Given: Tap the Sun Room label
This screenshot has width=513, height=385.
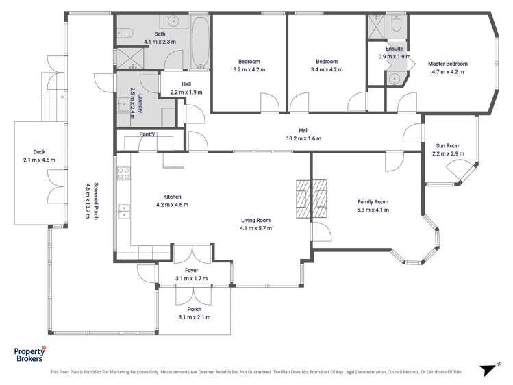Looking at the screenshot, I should pos(449,145).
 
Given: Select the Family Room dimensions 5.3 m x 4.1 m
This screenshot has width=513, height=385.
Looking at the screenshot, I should pos(373,210).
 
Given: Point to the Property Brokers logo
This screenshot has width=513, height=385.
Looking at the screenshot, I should pos(29,355).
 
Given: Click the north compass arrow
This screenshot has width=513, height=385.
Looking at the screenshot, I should pos(488,369).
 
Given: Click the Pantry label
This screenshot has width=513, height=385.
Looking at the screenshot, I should pos(147,134).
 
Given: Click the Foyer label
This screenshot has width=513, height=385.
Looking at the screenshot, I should pos(191,271).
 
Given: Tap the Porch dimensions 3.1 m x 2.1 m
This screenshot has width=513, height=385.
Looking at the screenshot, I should pos(195,317).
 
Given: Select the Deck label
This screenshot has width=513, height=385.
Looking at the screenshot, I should pos(38,152).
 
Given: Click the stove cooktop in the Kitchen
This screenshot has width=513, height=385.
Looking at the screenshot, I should pos(124,174).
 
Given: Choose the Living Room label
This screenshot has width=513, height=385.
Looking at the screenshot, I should pos(256,220).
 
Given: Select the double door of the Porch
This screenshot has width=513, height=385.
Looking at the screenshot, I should pos(195,296).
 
